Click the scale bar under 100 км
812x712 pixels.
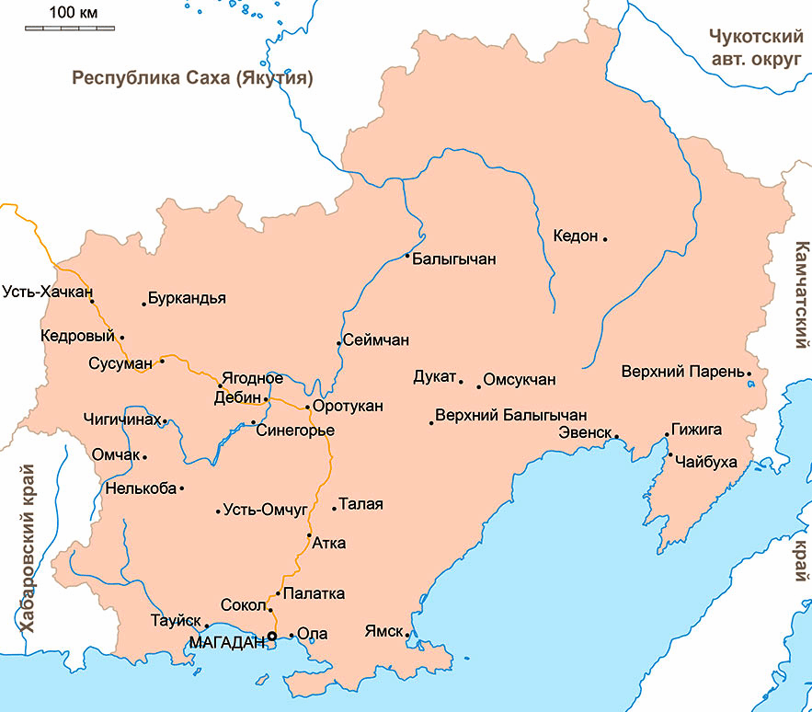click(x=70, y=29)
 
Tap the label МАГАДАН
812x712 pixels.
click(x=225, y=641)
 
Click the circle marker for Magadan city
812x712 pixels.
click(x=271, y=636)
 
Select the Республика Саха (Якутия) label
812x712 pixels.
click(x=193, y=78)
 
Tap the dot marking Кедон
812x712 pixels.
click(x=605, y=238)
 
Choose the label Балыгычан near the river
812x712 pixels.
click(x=454, y=259)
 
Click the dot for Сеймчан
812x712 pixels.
click(x=338, y=343)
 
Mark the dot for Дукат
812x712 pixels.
click(x=461, y=379)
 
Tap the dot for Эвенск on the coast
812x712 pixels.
click(x=616, y=436)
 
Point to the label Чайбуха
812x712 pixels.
click(x=706, y=461)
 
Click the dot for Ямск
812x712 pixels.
click(x=406, y=634)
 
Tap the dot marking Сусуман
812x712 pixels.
click(x=162, y=361)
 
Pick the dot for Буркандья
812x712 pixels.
click(x=144, y=304)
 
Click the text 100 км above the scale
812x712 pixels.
click(x=73, y=12)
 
